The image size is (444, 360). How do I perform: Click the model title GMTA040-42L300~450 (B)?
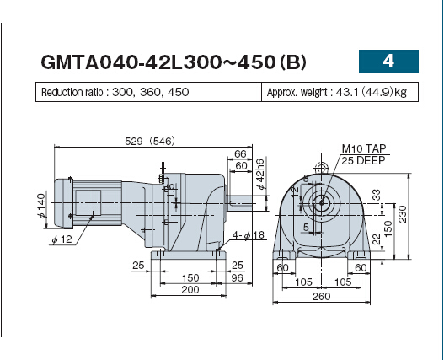pos(174,62)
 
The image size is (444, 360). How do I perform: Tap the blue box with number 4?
pos(388,61)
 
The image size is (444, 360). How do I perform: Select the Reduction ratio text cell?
pos(148,92)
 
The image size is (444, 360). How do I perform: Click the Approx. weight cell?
pos(340,92)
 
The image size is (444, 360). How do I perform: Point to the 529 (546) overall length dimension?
pos(150,141)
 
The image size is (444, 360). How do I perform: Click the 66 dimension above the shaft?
pos(240,154)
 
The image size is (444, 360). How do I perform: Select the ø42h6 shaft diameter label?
pos(260,174)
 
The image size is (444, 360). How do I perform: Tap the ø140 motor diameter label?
pos(41,206)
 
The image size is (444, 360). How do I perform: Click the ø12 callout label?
pos(62,239)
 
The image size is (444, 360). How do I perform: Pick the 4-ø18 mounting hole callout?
pos(248,235)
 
